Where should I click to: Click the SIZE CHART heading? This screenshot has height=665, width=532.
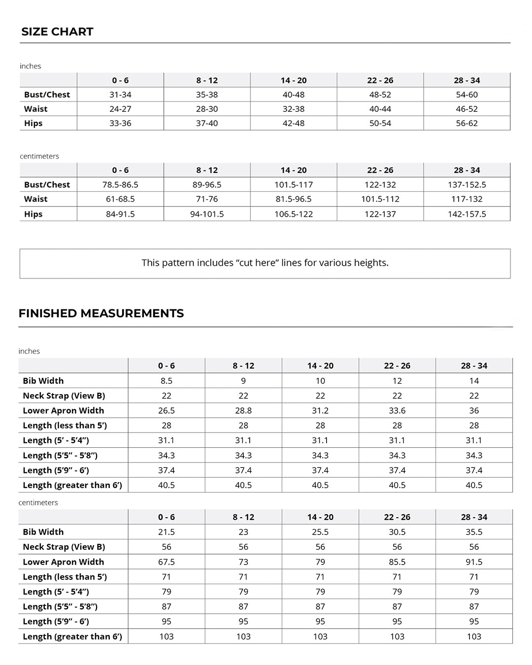[x=57, y=32]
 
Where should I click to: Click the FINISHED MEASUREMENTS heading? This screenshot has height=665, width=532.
[x=101, y=313]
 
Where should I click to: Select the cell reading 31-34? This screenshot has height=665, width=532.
[x=120, y=95]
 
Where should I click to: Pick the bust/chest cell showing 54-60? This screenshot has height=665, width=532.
[x=466, y=95]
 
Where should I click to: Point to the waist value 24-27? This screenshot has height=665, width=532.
[x=120, y=109]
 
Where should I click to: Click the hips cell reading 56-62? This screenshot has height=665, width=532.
[x=466, y=123]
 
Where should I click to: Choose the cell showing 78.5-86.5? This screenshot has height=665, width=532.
[x=120, y=185]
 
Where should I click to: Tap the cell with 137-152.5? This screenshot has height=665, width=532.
[x=466, y=185]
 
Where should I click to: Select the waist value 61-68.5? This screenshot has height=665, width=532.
[x=120, y=199]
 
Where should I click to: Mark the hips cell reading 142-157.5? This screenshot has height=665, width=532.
[x=466, y=214]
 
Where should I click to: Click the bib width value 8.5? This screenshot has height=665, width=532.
[x=166, y=381]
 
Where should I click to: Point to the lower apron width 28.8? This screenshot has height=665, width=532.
[x=243, y=410]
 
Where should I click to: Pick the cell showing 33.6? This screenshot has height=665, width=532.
[x=397, y=410]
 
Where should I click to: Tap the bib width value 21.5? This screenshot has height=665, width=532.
[x=166, y=532]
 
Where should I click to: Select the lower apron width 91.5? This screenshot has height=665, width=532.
[x=474, y=562]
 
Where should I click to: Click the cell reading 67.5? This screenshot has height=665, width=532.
[x=166, y=562]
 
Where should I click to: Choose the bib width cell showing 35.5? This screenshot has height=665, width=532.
[x=474, y=532]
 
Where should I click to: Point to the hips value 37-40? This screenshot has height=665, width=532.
[x=207, y=123]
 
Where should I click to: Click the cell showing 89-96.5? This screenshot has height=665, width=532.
[x=207, y=185]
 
